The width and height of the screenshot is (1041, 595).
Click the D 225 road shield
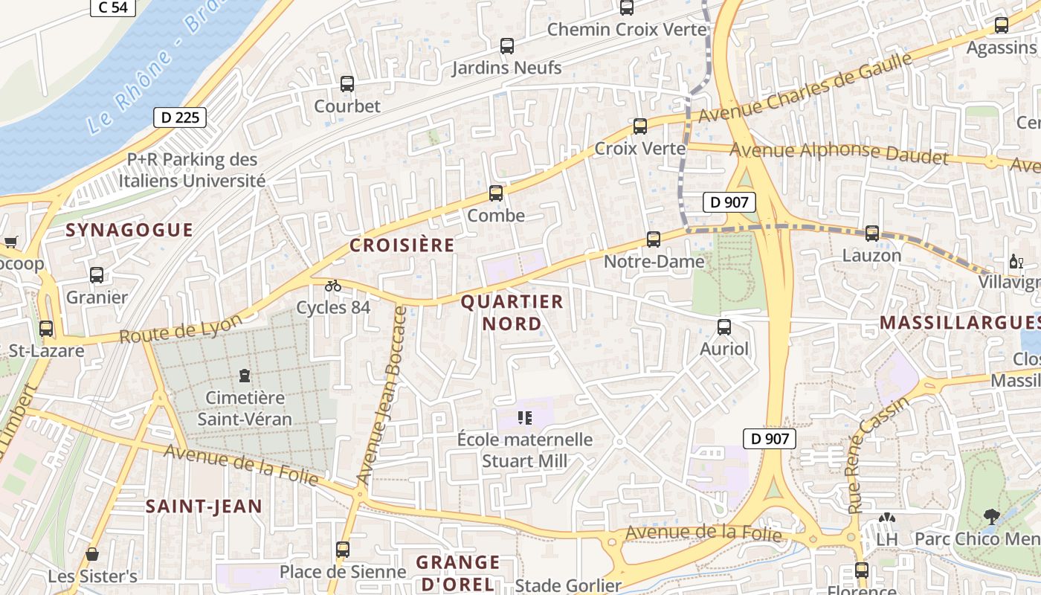(x=179, y=117)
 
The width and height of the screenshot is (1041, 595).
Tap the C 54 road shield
(x=113, y=7)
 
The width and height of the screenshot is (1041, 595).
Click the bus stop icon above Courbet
(x=347, y=84)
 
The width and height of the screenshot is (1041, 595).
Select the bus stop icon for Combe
(x=496, y=193)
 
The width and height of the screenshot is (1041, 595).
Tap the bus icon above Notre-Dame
(x=654, y=239)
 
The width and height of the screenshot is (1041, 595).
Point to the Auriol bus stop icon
(x=724, y=327)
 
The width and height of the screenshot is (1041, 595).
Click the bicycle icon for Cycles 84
(x=333, y=286)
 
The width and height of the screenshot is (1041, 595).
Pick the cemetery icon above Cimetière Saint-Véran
(x=245, y=376)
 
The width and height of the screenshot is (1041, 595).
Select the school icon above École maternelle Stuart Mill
(x=526, y=417)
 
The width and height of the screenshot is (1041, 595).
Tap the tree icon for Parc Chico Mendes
(x=990, y=516)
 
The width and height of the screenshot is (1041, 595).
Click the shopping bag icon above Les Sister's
(x=92, y=554)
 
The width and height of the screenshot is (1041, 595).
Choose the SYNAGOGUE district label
(x=129, y=230)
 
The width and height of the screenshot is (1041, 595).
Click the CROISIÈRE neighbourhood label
(x=402, y=245)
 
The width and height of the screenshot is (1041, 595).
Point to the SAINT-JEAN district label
(x=204, y=506)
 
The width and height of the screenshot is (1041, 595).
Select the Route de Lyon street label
(x=181, y=329)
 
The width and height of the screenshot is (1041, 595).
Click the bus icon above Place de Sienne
(x=343, y=550)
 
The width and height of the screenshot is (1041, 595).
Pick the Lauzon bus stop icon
(x=872, y=234)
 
